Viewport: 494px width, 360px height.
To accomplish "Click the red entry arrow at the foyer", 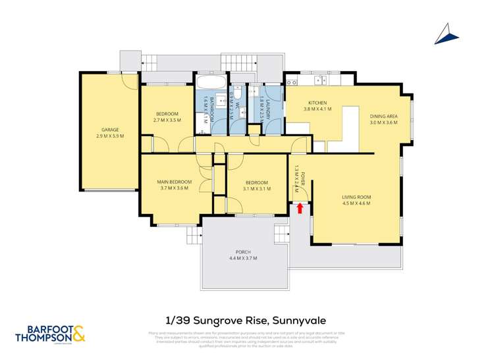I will click(300, 208).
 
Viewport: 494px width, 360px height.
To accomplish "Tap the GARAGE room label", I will click(109, 130).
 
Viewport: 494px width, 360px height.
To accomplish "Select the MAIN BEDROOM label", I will click(174, 182).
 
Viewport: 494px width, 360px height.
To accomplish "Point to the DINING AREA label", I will click(383, 116).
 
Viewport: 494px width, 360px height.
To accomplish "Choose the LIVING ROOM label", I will click(356, 197).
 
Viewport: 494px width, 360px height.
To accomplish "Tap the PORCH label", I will click(244, 251).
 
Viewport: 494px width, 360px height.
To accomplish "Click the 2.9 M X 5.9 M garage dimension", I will click(109, 136).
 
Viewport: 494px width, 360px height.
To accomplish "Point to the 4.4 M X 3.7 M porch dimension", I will click(244, 258).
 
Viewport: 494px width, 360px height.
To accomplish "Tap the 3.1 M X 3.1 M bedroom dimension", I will click(256, 188).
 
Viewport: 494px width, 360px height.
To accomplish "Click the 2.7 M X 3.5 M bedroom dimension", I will click(166, 120).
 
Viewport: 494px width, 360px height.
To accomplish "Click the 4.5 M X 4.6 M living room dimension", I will click(356, 203).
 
